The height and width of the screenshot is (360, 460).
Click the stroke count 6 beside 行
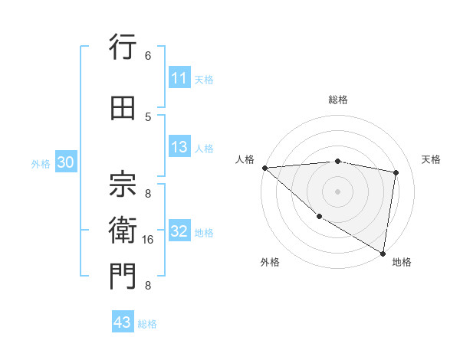(147, 56)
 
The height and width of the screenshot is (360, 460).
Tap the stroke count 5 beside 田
(147, 116)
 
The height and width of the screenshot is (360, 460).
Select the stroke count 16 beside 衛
(147, 240)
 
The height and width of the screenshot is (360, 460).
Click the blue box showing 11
(179, 78)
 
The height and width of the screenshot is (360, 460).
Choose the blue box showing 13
(179, 148)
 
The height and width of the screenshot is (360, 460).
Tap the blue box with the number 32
(179, 232)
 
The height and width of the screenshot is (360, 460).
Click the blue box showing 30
(65, 163)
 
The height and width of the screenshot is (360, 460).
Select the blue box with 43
(123, 322)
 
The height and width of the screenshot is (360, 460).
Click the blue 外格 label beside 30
(41, 164)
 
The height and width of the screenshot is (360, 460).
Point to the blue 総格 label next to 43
(147, 324)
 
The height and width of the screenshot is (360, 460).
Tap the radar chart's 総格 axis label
(337, 100)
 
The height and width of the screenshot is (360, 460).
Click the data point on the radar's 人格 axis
(264, 168)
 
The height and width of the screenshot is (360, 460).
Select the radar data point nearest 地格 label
(383, 253)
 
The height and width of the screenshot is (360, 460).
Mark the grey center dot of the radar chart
(337, 191)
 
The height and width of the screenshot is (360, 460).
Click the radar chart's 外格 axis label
(269, 263)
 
